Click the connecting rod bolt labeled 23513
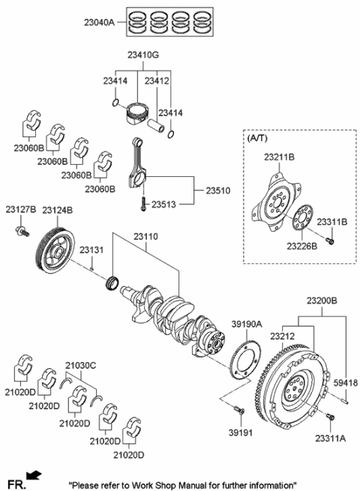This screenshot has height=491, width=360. click(x=141, y=200)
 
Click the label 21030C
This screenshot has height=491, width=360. click(x=81, y=364)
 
